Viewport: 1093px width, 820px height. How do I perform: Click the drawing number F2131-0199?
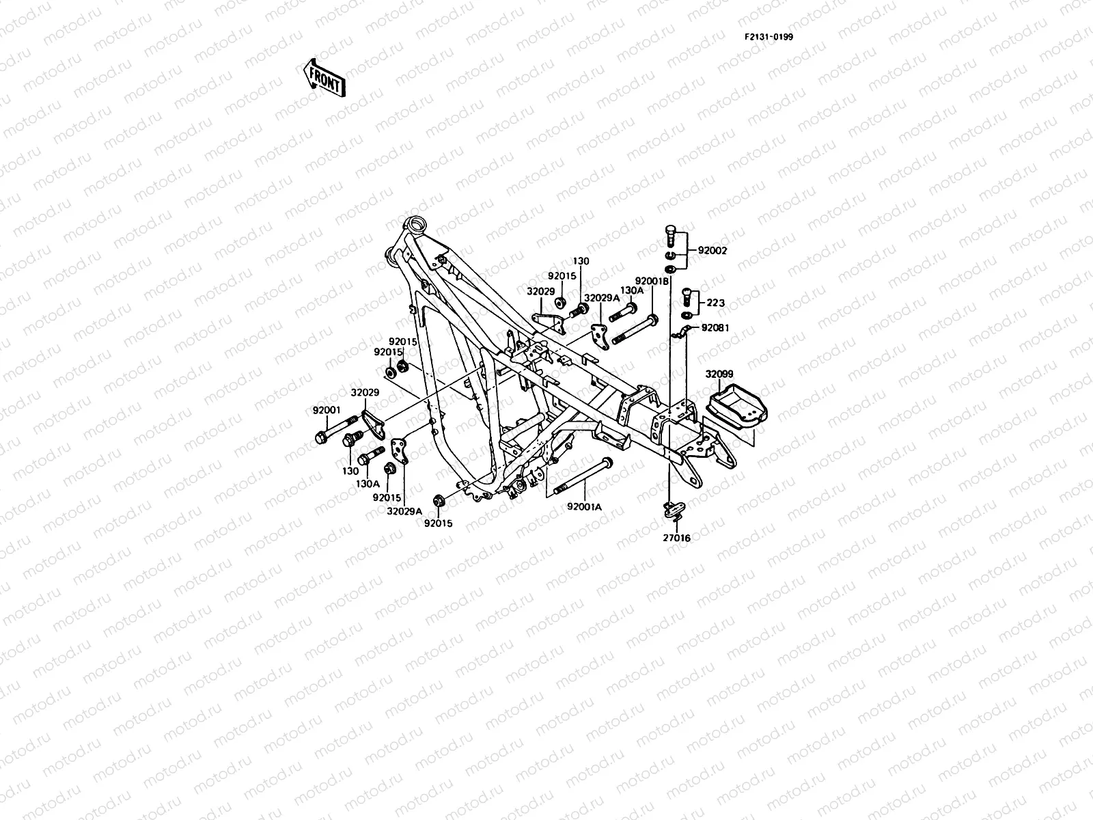pos(769,37)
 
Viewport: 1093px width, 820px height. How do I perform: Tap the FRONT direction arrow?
pos(324,77)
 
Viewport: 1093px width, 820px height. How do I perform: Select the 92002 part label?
pos(712,251)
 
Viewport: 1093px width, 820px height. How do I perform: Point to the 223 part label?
pos(715,303)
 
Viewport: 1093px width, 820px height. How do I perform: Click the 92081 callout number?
pos(716,328)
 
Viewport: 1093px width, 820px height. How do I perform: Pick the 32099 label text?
pos(719,374)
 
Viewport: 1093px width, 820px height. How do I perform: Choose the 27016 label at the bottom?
pos(676,538)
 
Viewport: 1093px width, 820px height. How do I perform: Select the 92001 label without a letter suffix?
pos(327,410)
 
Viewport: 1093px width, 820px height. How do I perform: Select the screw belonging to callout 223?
pos(688,295)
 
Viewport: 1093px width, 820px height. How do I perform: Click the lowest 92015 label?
pos(438,523)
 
